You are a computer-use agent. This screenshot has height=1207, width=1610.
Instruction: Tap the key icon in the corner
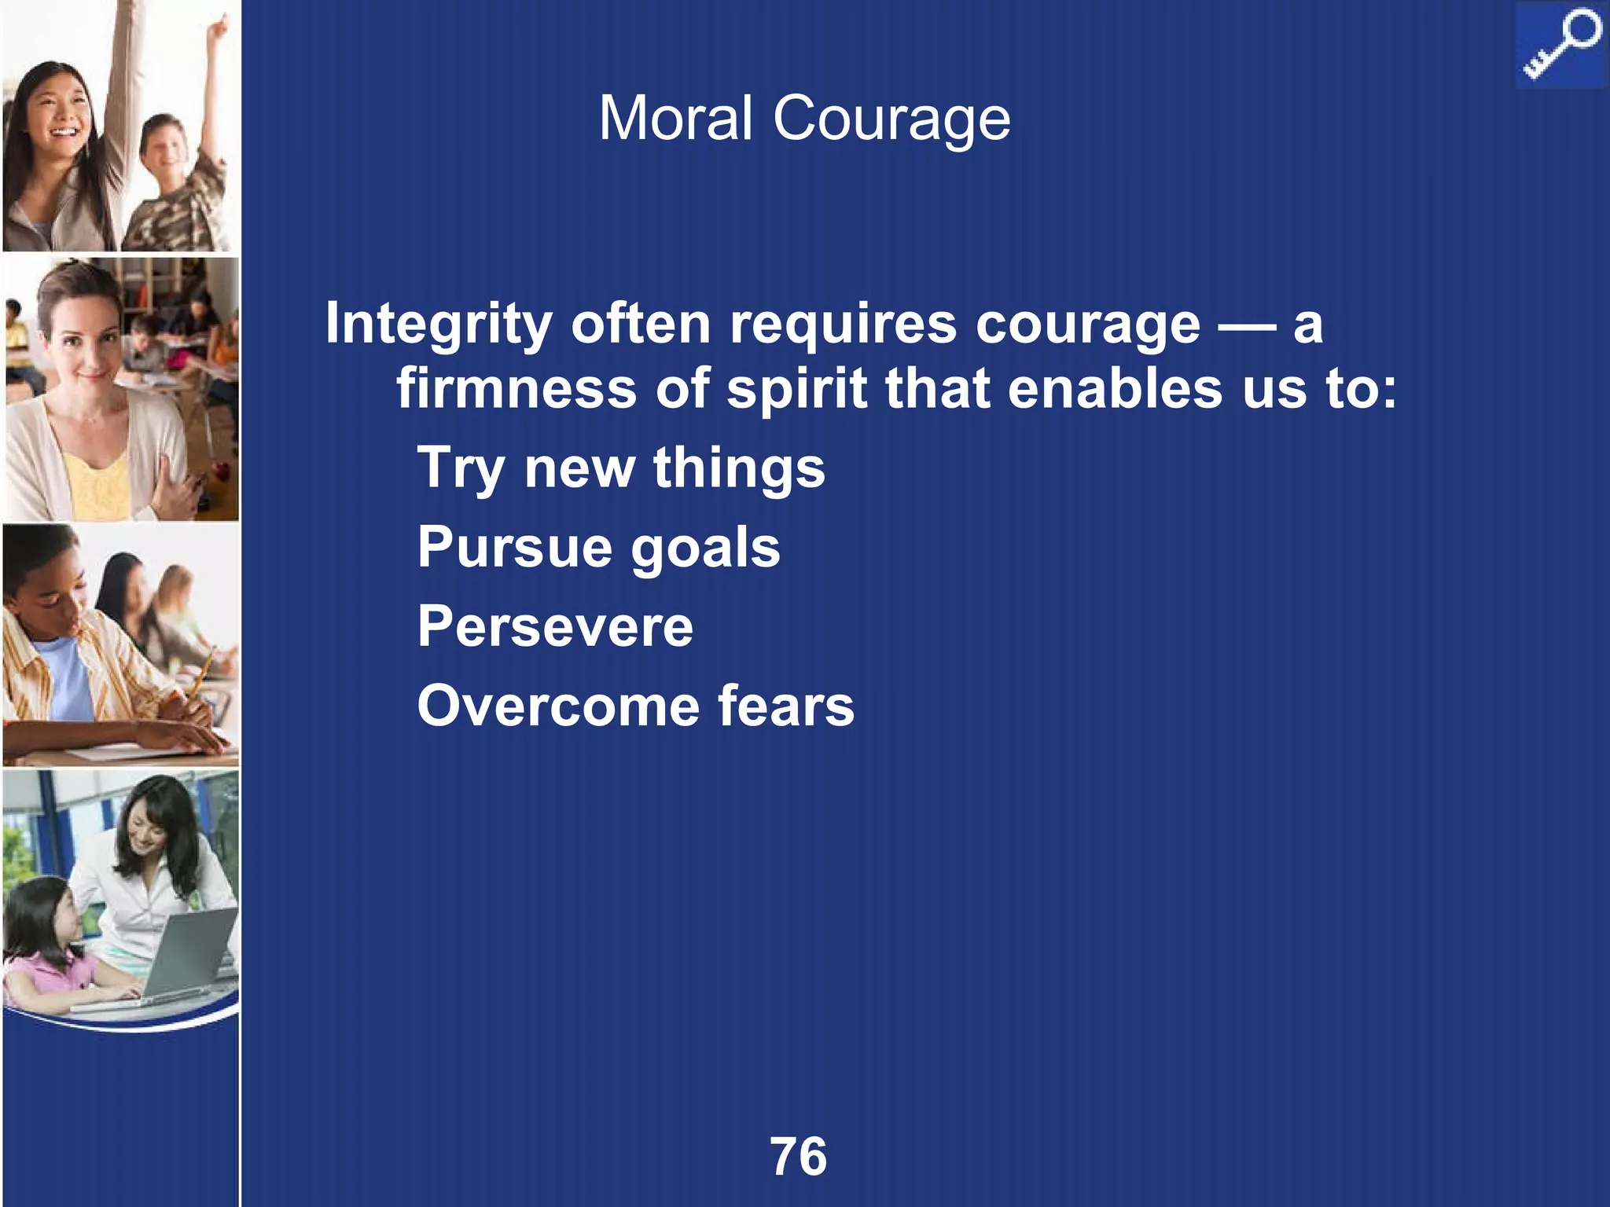1560,45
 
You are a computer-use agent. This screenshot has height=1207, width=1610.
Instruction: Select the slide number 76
799,1157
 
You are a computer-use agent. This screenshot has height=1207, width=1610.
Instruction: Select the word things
739,468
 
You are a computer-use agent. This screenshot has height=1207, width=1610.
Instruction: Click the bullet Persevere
555,626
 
